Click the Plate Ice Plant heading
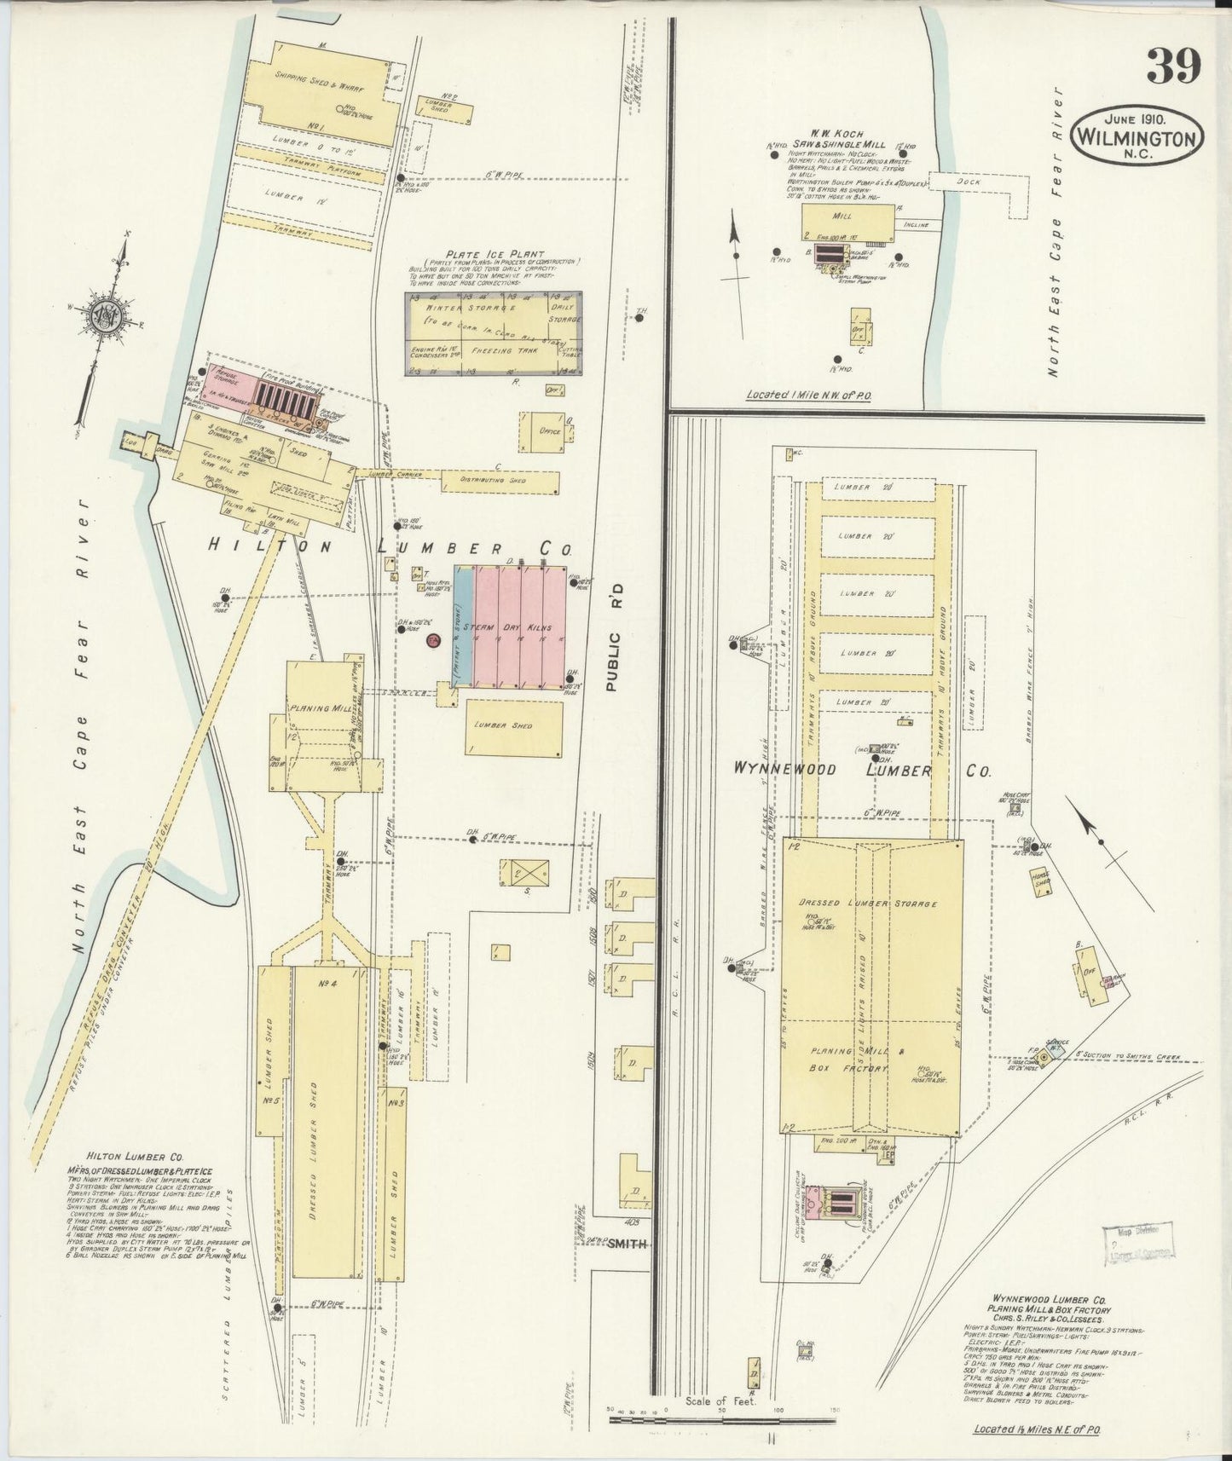coord(493,252)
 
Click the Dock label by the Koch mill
coord(969,182)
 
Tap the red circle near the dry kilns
coord(432,639)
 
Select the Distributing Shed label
coord(493,481)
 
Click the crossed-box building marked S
coord(524,874)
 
